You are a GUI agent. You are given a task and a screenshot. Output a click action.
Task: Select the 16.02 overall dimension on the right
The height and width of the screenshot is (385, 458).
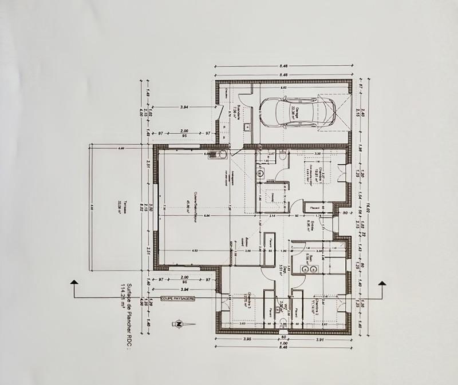point(370,207)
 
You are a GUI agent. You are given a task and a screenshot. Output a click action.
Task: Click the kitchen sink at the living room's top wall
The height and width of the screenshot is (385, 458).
point(218,153)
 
